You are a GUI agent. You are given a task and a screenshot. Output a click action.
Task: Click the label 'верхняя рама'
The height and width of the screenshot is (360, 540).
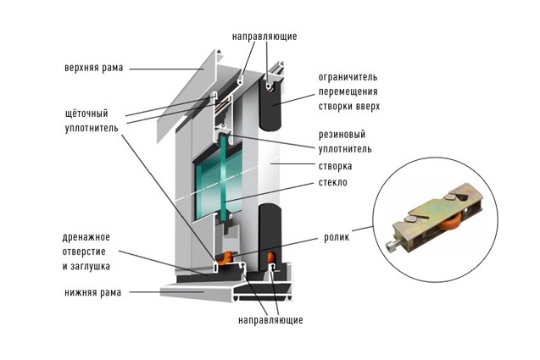point(93,68)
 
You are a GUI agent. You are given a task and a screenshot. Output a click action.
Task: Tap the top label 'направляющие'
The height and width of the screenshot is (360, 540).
point(264,37)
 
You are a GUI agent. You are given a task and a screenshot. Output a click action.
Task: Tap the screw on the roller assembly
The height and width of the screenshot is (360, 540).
point(396,246)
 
